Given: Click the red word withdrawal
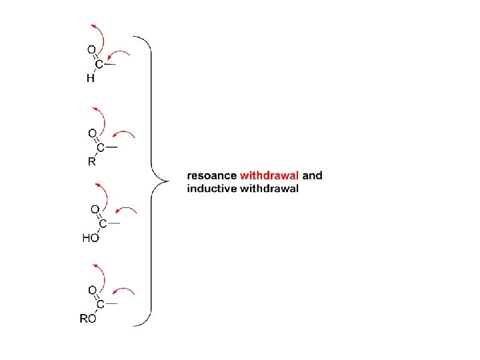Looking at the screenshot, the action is (269, 176).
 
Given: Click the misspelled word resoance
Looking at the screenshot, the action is (212, 176).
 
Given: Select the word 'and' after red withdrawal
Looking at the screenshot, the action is (313, 176).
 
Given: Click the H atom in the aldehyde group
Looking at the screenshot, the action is (91, 79).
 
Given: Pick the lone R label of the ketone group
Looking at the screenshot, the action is (91, 161).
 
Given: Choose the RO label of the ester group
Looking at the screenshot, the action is (88, 319).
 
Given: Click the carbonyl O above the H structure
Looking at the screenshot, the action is (91, 49).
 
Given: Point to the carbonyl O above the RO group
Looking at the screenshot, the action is (93, 289).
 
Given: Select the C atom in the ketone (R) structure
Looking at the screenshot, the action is (101, 147).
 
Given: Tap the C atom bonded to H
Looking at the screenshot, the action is (99, 65).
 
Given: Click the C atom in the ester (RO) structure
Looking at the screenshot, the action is (100, 305).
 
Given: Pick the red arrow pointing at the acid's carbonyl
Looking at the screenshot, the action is (127, 211).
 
